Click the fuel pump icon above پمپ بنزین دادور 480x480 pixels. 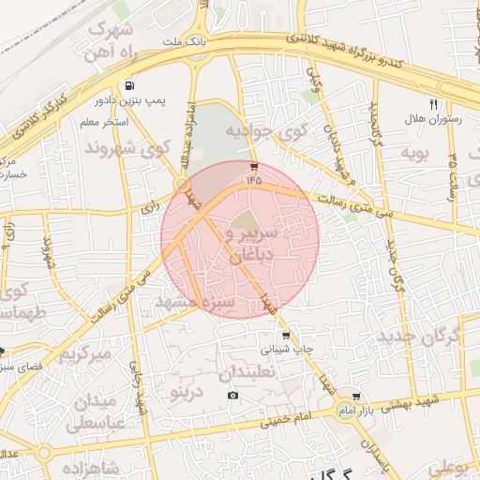tap(127, 83)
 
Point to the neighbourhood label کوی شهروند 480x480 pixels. tap(127, 147)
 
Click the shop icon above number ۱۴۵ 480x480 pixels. tap(254, 166)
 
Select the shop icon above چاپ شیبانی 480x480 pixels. tap(285, 335)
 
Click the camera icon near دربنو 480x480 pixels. tap(232, 395)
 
